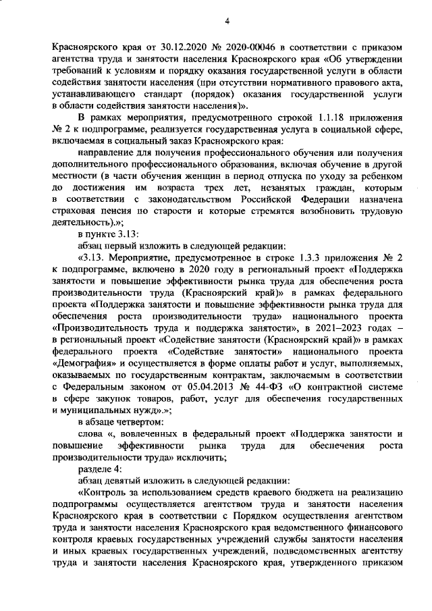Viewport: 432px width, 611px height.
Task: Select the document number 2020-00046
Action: click(x=251, y=47)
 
